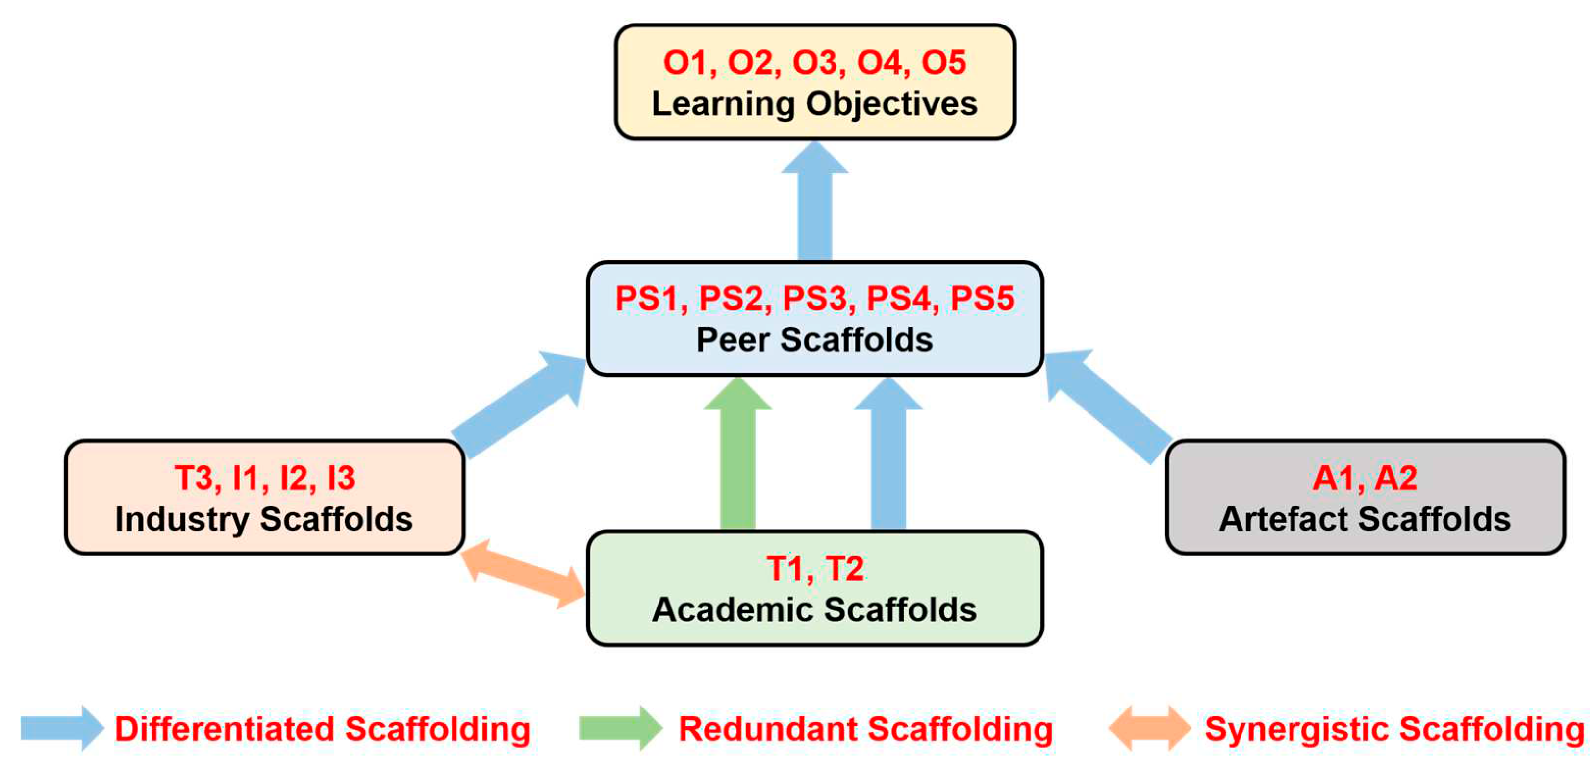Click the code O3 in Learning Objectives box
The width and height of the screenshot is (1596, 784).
point(814,63)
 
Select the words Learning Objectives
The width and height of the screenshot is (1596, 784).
point(814,103)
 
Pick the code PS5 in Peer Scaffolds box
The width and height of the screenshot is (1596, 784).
point(982,299)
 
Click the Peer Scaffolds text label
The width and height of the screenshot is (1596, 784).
point(814,340)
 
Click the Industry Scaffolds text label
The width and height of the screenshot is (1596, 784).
point(264,519)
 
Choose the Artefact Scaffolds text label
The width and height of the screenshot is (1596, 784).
point(1365,519)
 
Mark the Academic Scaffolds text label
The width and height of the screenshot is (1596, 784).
point(814,610)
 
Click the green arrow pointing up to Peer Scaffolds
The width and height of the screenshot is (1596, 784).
point(737,458)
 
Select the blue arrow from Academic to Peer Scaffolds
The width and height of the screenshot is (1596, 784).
point(888,458)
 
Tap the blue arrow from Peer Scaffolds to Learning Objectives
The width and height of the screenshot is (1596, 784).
point(814,204)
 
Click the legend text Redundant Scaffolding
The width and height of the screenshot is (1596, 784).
point(865,729)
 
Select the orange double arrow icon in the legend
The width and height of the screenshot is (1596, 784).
point(1149,728)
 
